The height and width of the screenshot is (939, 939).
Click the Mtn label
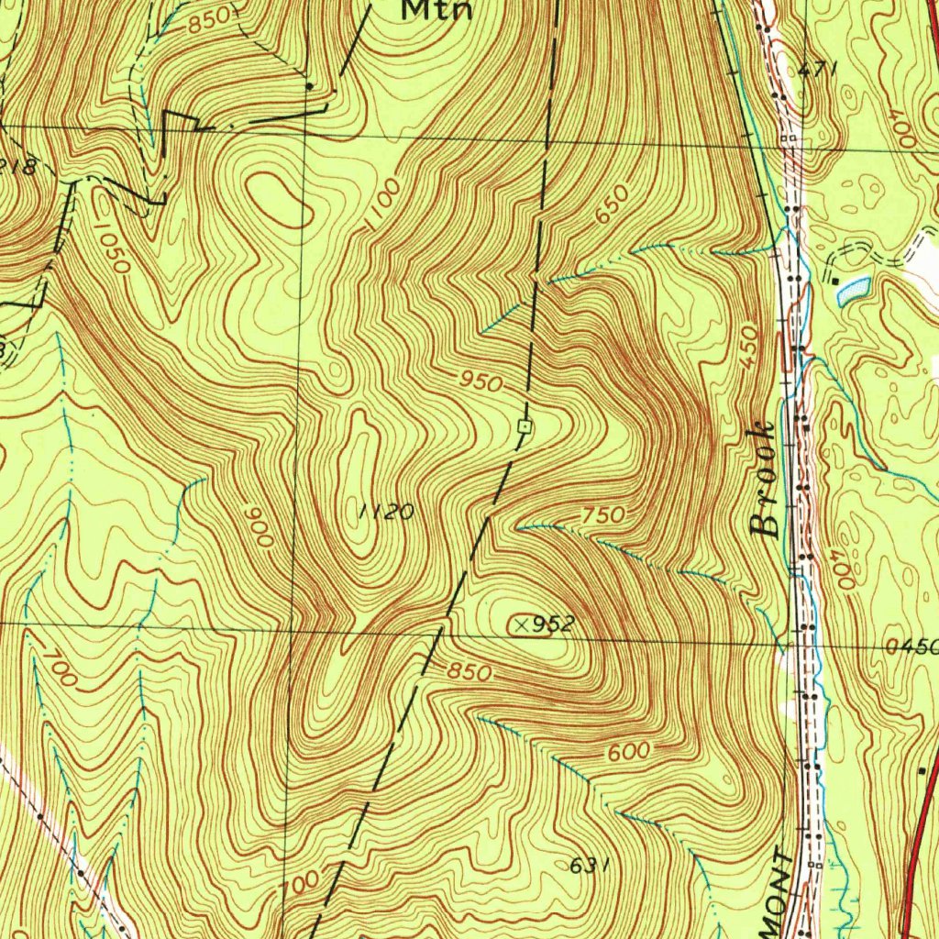pyautogui.click(x=438, y=10)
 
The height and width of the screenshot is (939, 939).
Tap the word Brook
pyautogui.click(x=764, y=480)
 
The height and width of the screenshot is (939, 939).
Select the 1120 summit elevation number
pyautogui.click(x=386, y=512)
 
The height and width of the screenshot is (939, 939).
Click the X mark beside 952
pyautogui.click(x=522, y=624)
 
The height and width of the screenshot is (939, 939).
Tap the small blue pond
pyautogui.click(x=853, y=290)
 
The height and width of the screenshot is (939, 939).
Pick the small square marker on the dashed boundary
pyautogui.click(x=525, y=425)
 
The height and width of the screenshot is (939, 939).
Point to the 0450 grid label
pyautogui.click(x=912, y=646)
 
